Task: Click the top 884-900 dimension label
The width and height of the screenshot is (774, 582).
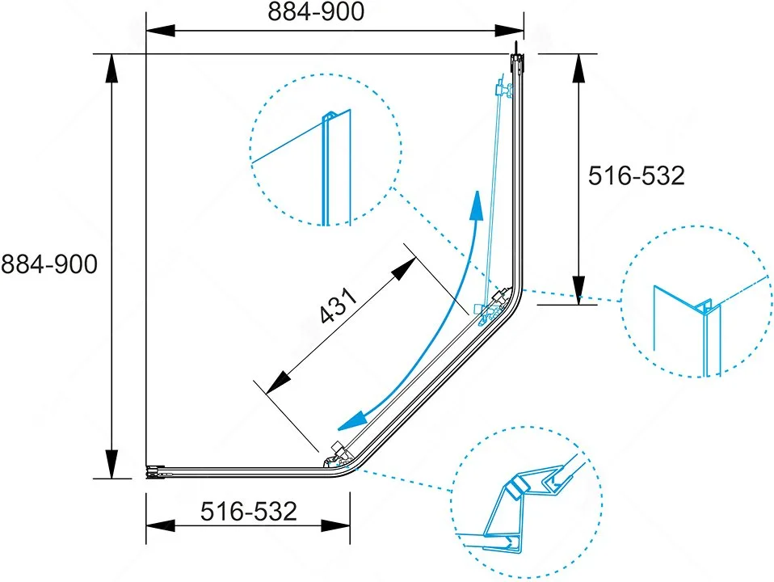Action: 316,11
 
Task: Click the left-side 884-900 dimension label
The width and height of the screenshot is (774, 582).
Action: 49,264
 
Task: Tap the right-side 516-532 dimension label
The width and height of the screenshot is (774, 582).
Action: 637,175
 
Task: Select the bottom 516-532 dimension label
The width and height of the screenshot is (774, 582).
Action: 249,512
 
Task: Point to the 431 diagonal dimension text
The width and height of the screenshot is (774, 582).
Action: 338,306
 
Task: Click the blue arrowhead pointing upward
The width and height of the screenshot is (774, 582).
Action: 477,205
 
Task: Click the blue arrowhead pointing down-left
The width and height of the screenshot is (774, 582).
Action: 352,420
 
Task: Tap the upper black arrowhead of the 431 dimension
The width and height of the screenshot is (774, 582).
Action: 403,268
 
